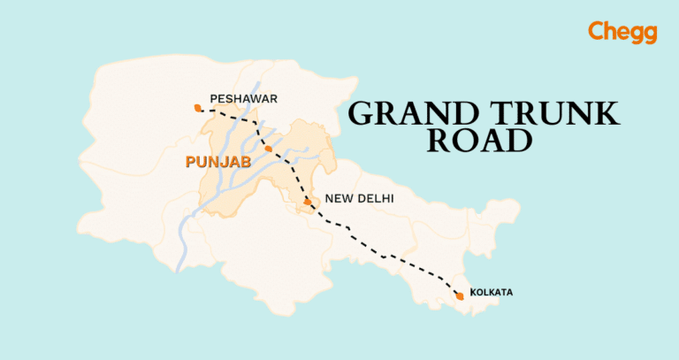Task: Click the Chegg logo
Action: tap(622, 33)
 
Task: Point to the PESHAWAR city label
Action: tap(238, 97)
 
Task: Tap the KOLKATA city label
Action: tap(492, 292)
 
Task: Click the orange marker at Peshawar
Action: tap(196, 108)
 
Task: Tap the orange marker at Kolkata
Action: tap(458, 295)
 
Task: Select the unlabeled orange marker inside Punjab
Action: tap(268, 148)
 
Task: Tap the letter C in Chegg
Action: tap(597, 32)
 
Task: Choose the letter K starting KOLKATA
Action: tap(474, 292)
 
